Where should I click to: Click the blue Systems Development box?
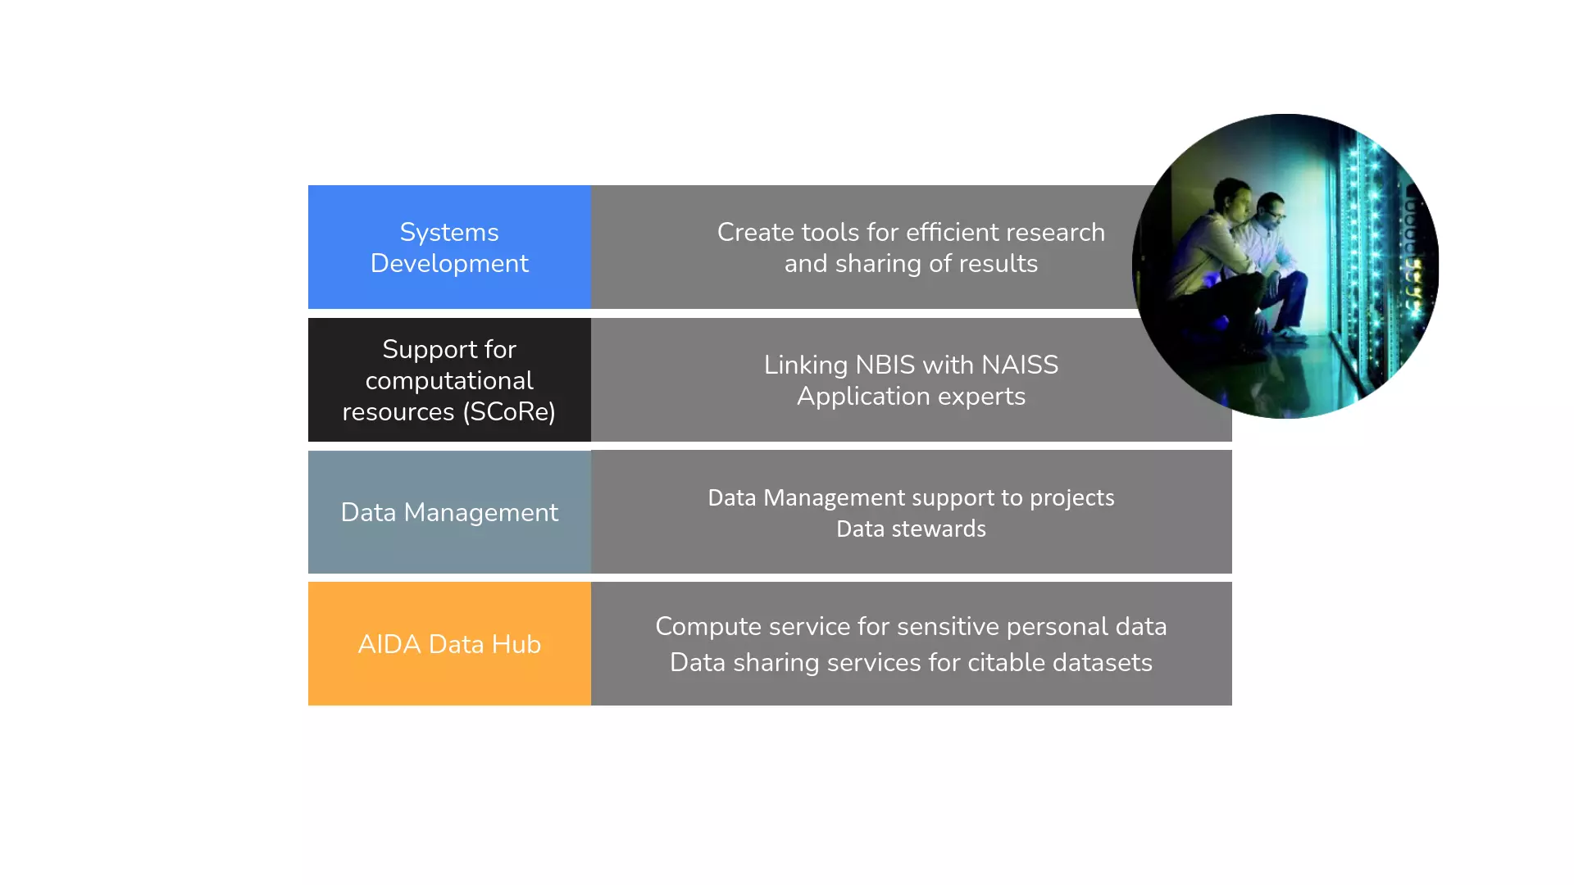point(449,247)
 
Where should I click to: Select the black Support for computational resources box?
point(449,379)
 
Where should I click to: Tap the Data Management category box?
point(449,512)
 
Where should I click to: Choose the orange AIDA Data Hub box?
point(449,643)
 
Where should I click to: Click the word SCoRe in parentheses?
point(509,411)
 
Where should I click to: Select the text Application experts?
point(911,397)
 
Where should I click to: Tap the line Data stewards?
point(911,529)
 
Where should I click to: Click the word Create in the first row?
point(755,232)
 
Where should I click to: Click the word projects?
point(1072,498)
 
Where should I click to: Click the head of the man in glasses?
point(1271,212)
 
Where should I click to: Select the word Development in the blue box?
point(449,264)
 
